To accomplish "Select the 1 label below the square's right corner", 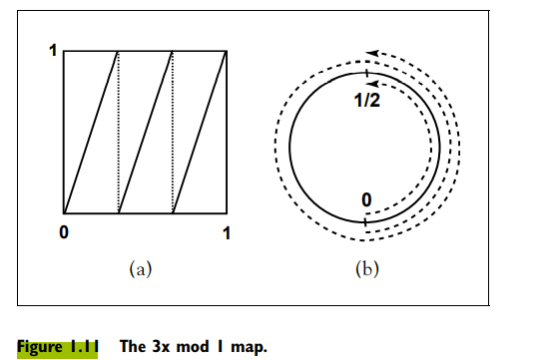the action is click(227, 233).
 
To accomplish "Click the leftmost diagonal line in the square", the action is click(91, 132).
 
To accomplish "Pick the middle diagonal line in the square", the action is click(146, 132).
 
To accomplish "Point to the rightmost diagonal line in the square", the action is click(200, 132).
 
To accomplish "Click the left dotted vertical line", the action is click(119, 132).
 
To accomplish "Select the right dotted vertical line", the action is click(173, 132).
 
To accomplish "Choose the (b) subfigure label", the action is click(367, 267).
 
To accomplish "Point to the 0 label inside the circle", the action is click(367, 201).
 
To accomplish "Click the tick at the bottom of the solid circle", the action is click(365, 220).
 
